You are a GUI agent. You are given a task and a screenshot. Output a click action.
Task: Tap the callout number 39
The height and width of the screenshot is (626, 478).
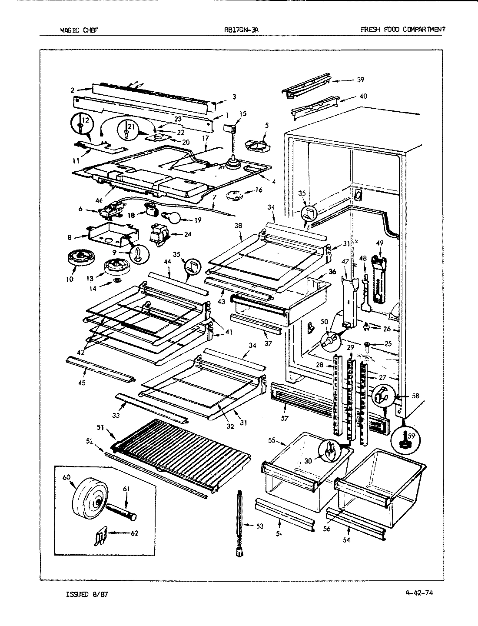tap(360, 80)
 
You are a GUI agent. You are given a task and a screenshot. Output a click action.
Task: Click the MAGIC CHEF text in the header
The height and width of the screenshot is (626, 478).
tap(79, 30)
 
